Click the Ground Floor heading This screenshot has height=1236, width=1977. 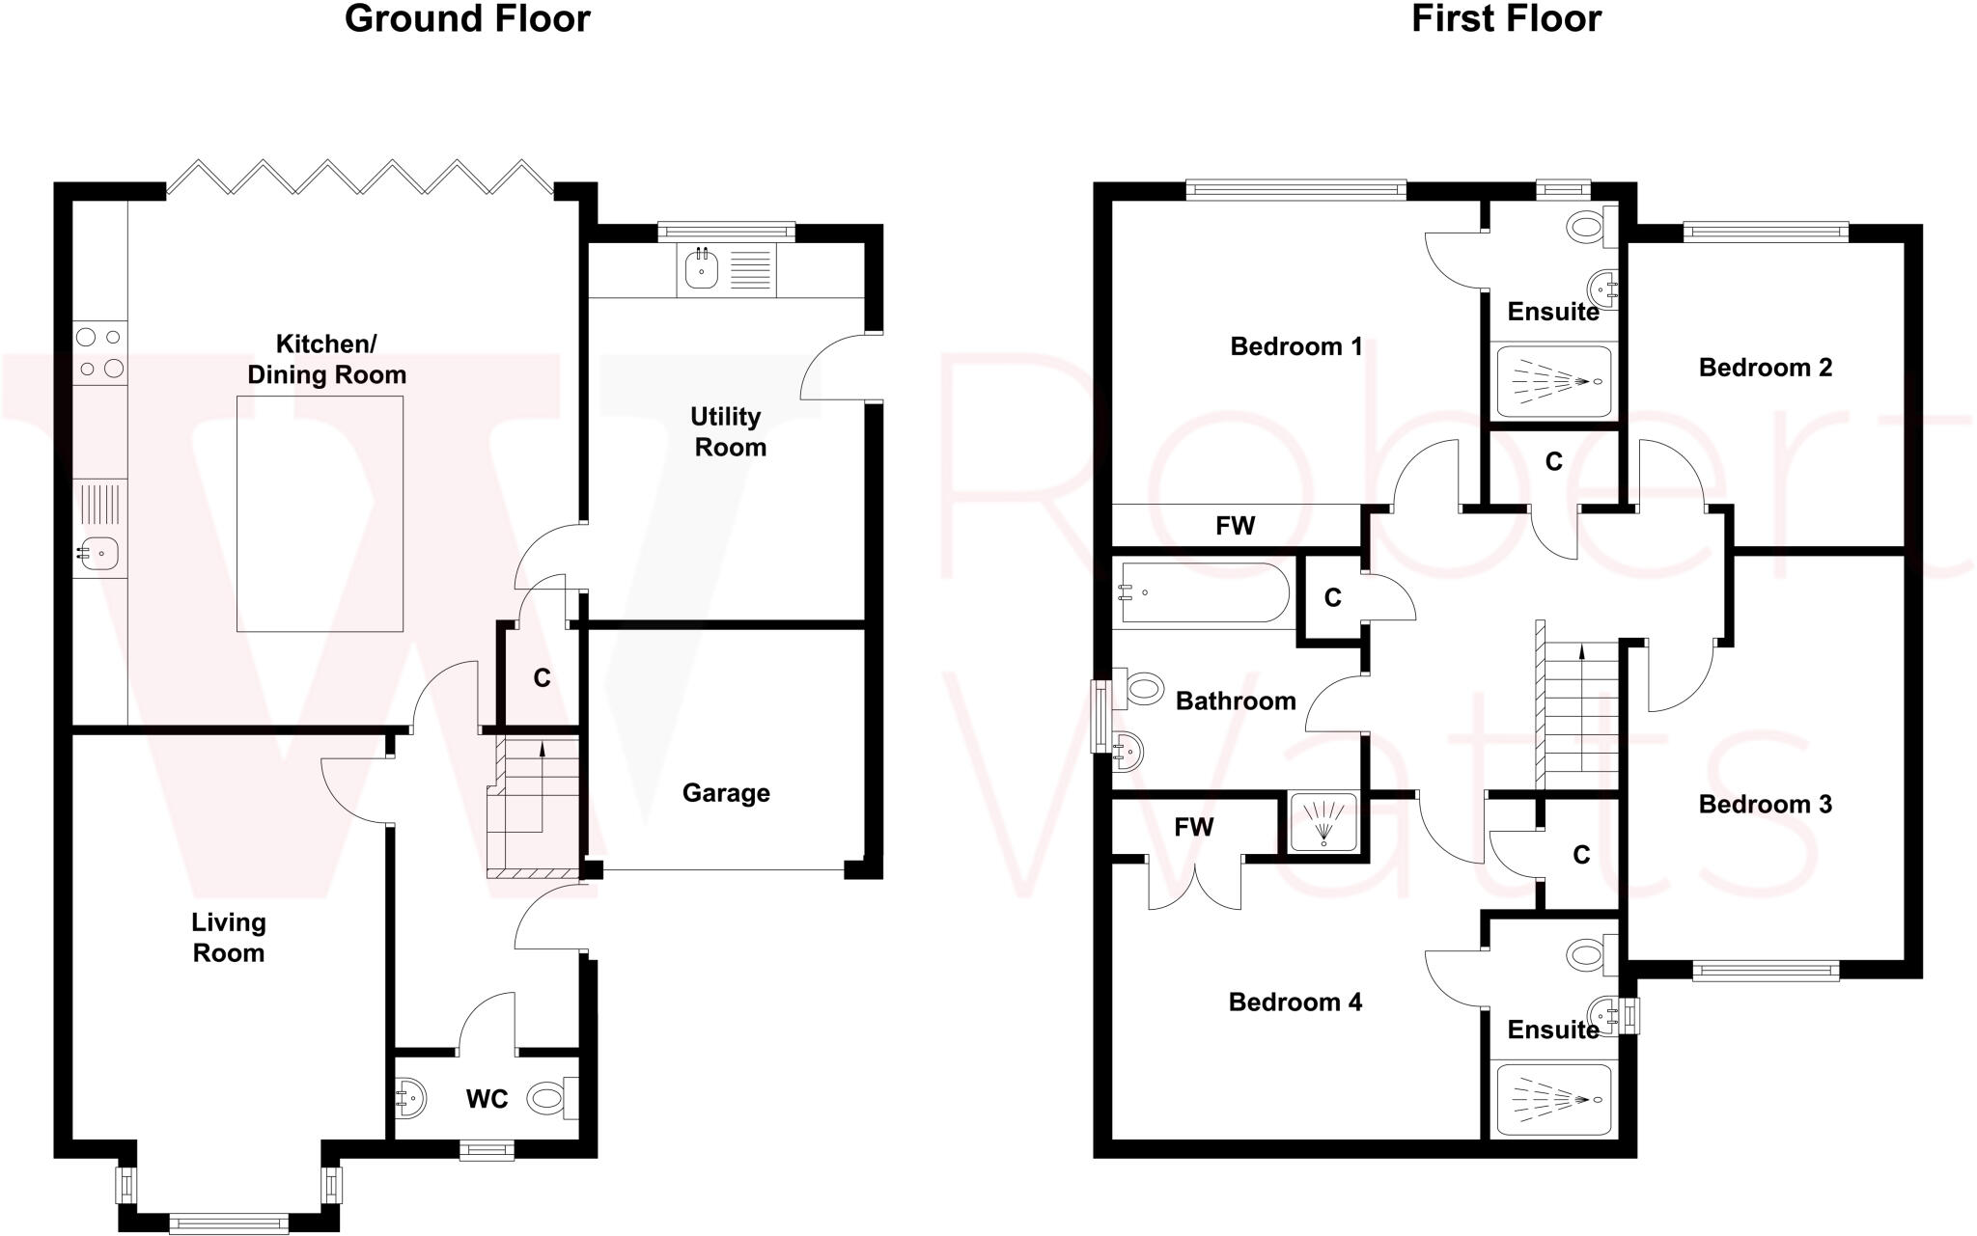pos(467,19)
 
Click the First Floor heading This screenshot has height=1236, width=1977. pos(1506,19)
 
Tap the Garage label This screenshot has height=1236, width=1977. pos(726,793)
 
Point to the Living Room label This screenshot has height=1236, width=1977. pos(228,937)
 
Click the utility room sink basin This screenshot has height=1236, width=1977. pos(702,269)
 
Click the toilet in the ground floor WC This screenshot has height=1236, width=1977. pos(547,1098)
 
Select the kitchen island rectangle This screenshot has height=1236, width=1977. pos(320,513)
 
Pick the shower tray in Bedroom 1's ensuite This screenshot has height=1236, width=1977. pos(1553,381)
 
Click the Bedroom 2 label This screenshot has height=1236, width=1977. pos(1765,368)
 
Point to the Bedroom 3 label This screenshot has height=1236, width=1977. pos(1765,805)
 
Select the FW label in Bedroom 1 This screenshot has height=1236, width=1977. pos(1235,526)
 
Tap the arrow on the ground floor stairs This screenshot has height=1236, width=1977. pos(542,746)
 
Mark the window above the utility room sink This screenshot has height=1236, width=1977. pos(726,232)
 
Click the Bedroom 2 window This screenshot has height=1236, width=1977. pos(1766,232)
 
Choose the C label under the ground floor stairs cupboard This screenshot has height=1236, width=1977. pos(542,678)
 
